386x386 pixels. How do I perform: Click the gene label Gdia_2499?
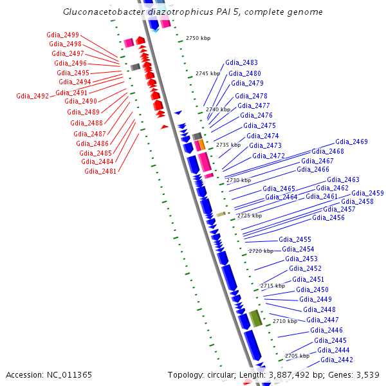63,35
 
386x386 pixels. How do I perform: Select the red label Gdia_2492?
33,96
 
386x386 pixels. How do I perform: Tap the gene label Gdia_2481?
100,171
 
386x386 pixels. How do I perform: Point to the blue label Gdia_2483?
241,63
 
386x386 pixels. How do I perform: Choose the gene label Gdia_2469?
351,142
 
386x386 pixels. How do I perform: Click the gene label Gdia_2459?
367,193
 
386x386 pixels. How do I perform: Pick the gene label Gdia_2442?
336,360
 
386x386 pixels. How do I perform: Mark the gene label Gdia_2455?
295,239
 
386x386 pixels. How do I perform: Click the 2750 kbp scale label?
198,39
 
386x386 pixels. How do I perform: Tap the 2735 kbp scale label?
228,145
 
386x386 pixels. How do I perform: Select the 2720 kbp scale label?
261,251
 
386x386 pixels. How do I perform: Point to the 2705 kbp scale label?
297,356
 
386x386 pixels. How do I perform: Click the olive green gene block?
256,318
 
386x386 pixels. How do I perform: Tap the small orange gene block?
201,144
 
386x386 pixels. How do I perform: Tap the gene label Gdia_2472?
268,156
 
